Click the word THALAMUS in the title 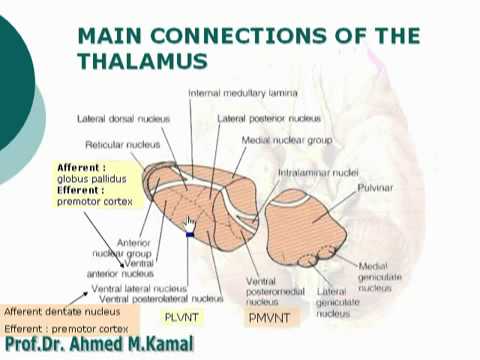[142, 61]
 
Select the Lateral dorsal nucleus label [121, 118]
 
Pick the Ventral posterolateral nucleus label [161, 298]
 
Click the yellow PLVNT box [184, 318]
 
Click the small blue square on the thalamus [188, 234]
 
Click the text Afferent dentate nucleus [55, 311]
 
